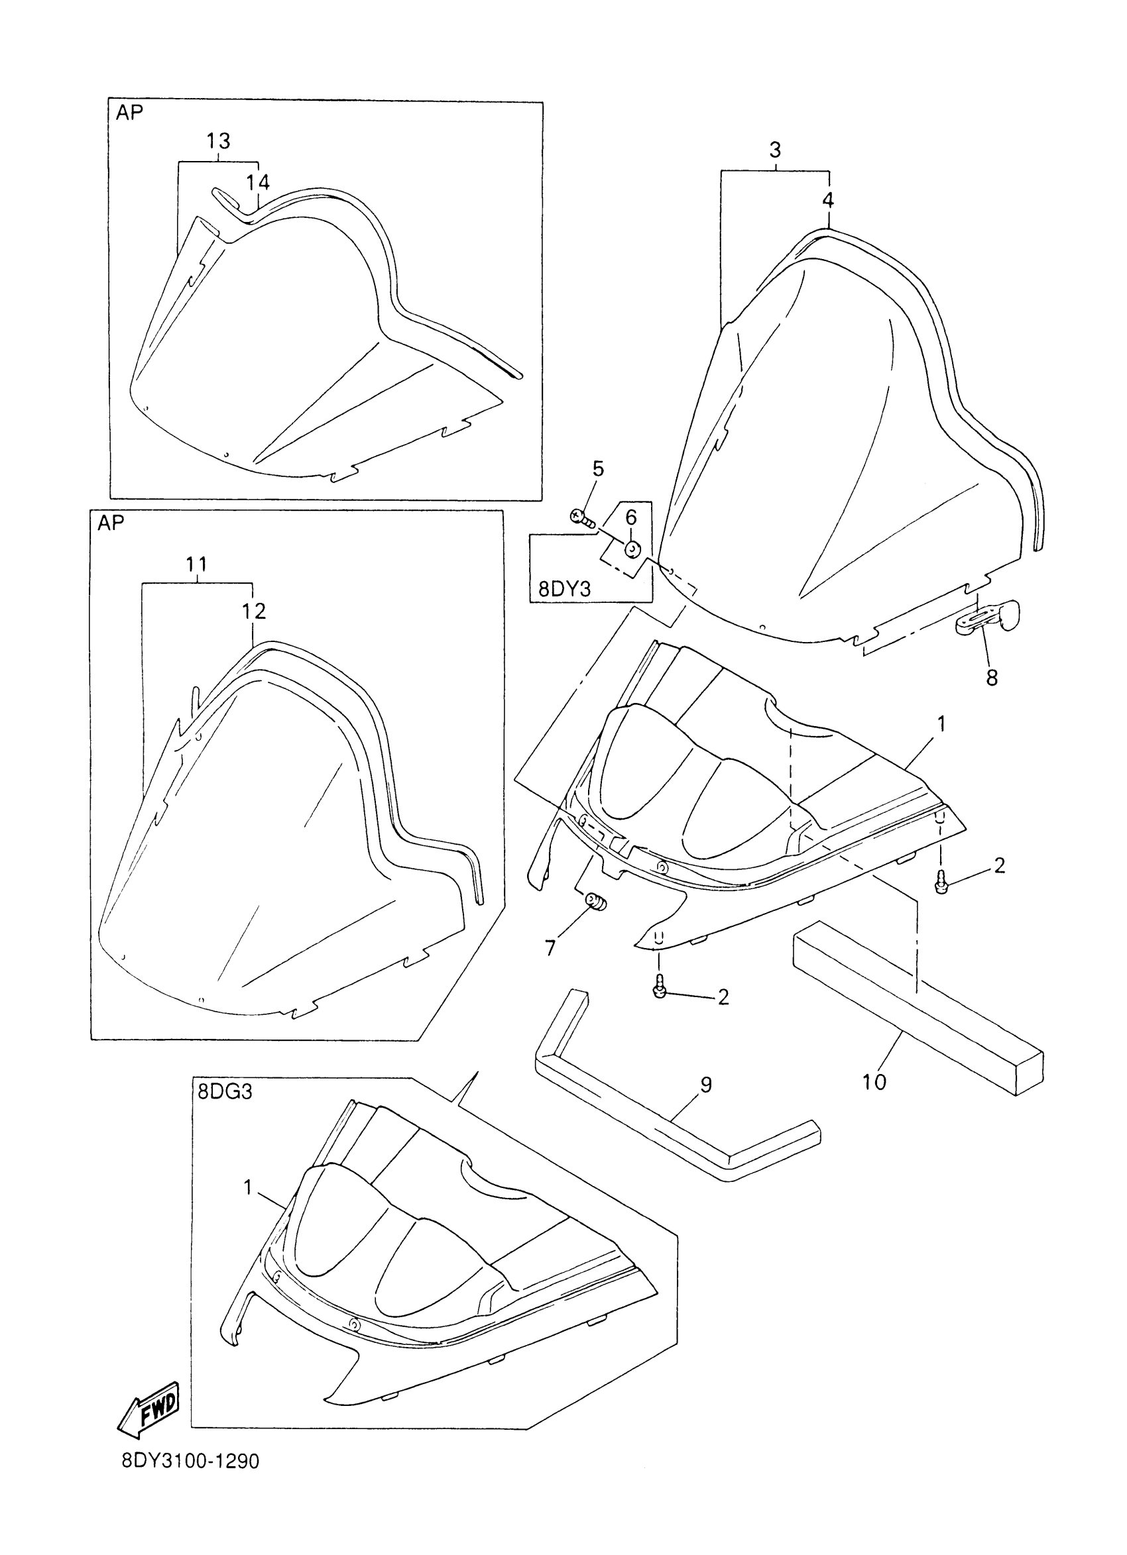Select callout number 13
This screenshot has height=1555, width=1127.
click(218, 141)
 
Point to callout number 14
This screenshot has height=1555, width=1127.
click(258, 182)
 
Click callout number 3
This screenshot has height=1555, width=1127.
click(775, 150)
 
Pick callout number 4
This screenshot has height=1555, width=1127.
click(828, 200)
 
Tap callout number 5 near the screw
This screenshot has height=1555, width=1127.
click(598, 469)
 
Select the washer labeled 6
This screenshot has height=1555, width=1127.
click(632, 549)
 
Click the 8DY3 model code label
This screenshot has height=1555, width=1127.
click(564, 589)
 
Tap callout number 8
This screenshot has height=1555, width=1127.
click(992, 678)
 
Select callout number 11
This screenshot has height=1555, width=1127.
click(196, 564)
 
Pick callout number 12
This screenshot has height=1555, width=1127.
click(253, 611)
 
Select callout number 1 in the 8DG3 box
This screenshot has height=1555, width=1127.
click(249, 1187)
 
